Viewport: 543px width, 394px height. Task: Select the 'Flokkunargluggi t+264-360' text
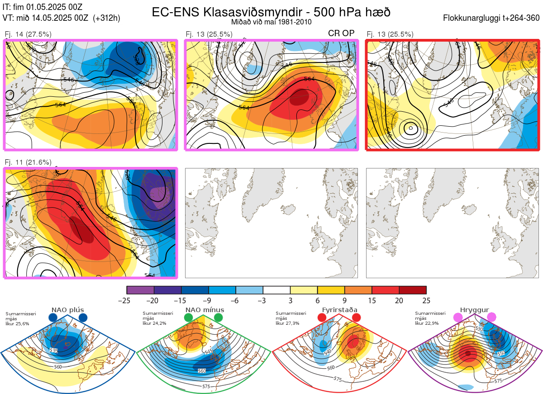[x=492, y=18]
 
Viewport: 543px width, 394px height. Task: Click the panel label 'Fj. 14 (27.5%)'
[x=28, y=34]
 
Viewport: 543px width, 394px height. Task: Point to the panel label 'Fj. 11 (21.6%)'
[x=28, y=162]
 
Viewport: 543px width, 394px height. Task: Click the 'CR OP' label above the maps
[x=341, y=33]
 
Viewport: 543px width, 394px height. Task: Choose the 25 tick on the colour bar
[x=426, y=300]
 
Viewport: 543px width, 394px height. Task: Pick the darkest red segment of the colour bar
[x=413, y=290]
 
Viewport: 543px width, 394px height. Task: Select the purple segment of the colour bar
[x=140, y=290]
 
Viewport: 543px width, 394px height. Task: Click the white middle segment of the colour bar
[x=276, y=290]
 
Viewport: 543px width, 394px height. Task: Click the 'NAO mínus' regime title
[x=205, y=310]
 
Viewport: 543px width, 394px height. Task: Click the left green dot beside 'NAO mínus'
[x=189, y=318]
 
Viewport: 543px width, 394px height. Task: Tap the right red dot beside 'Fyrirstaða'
[x=356, y=318]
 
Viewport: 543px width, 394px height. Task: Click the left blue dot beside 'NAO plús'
[x=52, y=318]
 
